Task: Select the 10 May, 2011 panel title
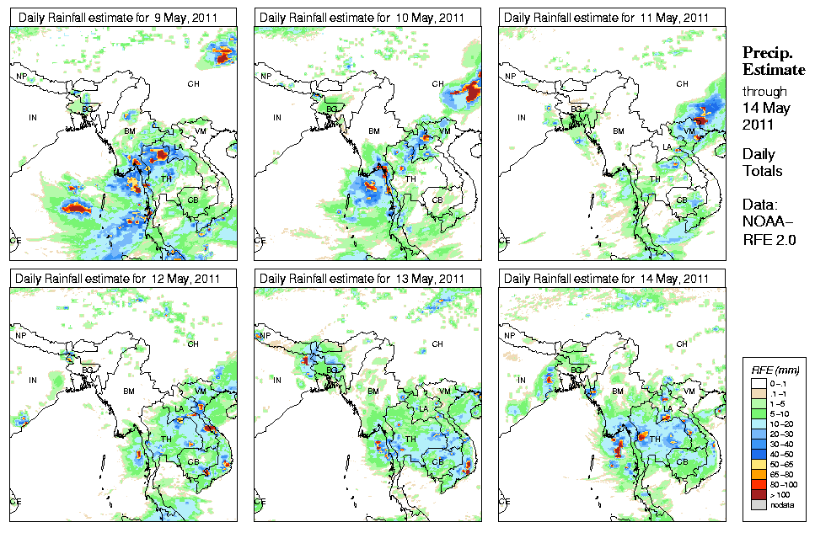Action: pyautogui.click(x=362, y=18)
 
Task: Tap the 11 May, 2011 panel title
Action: pyautogui.click(x=606, y=18)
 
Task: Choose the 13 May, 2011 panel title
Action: pyautogui.click(x=362, y=279)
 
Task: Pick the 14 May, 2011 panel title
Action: pyautogui.click(x=606, y=279)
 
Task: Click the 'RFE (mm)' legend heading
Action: pyautogui.click(x=775, y=370)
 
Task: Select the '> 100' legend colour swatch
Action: pyautogui.click(x=760, y=494)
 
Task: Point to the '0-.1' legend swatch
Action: pyautogui.click(x=760, y=383)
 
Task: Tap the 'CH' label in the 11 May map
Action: pyautogui.click(x=682, y=83)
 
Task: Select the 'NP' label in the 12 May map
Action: pyautogui.click(x=21, y=336)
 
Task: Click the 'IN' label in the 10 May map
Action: pyautogui.click(x=276, y=118)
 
